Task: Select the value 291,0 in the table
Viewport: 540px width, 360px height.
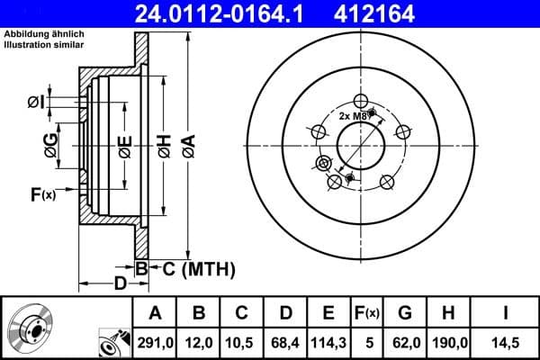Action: click(x=155, y=341)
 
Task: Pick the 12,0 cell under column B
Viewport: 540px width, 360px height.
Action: click(x=199, y=341)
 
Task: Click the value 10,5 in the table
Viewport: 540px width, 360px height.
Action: click(x=242, y=341)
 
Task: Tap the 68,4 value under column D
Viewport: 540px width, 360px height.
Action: click(x=286, y=341)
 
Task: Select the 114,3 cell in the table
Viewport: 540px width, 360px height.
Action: click(x=329, y=341)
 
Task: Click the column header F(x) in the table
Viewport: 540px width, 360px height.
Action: click(x=366, y=313)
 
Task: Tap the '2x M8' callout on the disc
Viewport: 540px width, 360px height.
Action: click(x=354, y=116)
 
